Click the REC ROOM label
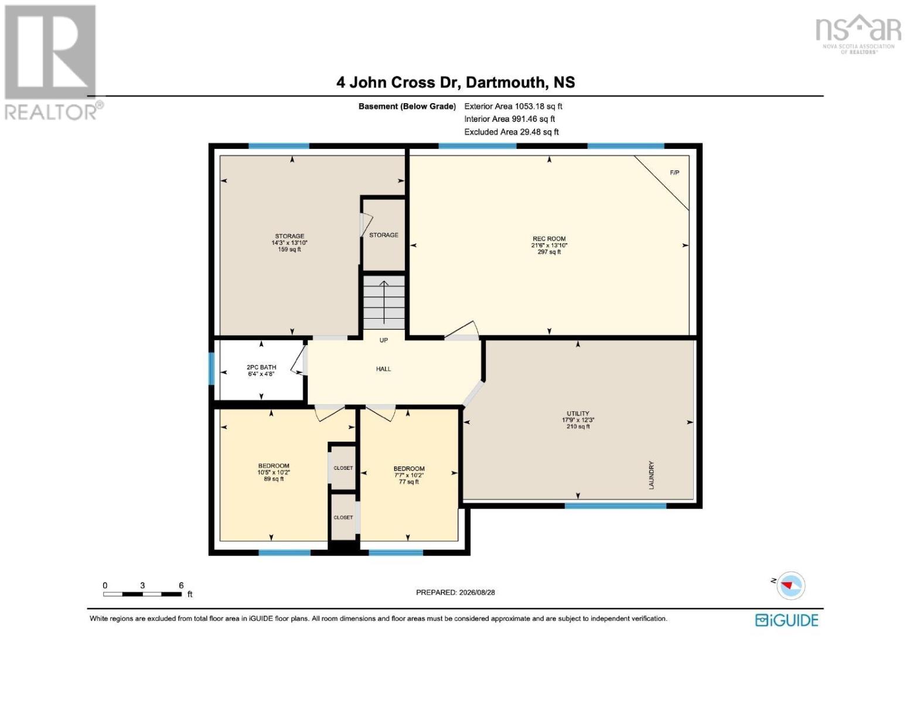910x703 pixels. [549, 238]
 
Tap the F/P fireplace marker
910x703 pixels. [674, 172]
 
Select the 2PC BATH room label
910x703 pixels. [261, 367]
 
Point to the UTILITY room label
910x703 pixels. [578, 413]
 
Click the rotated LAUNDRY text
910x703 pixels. [651, 475]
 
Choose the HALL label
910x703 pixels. [383, 369]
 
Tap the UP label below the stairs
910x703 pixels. [384, 340]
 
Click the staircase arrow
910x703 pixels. [384, 302]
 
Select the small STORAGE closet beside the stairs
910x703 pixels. [384, 235]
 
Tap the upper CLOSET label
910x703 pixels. [343, 468]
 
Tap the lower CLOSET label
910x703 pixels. [343, 517]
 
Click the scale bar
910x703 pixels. [142, 594]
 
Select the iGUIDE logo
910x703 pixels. [787, 620]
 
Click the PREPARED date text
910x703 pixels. [455, 592]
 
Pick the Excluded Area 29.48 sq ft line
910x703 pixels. [512, 132]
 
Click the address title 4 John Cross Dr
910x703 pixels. [398, 82]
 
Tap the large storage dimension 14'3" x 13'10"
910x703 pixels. [289, 243]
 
